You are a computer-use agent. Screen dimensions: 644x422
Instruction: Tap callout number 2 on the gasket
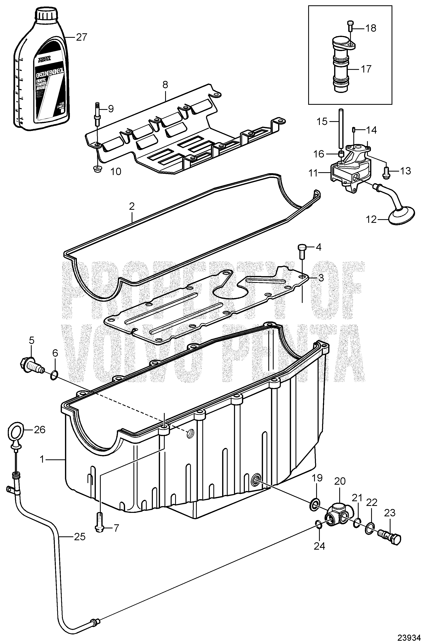(132, 206)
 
